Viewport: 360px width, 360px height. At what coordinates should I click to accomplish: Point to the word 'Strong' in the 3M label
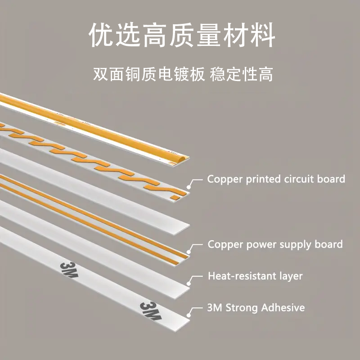(242, 308)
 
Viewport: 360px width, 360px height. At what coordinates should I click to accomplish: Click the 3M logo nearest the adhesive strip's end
(151, 310)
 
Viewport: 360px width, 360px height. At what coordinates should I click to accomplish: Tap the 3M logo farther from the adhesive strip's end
(69, 270)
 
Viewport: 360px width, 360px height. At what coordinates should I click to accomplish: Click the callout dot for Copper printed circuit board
(189, 187)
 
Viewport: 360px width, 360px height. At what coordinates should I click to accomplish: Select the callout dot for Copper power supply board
(189, 252)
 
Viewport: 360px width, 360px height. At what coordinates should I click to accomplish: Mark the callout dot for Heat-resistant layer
(189, 284)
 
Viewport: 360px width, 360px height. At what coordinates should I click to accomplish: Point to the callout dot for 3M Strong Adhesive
(189, 315)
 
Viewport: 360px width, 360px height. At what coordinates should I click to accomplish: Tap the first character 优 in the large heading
(101, 35)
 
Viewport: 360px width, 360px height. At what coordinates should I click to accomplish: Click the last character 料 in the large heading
(262, 35)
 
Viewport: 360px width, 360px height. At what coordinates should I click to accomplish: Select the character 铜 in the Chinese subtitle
(134, 74)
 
